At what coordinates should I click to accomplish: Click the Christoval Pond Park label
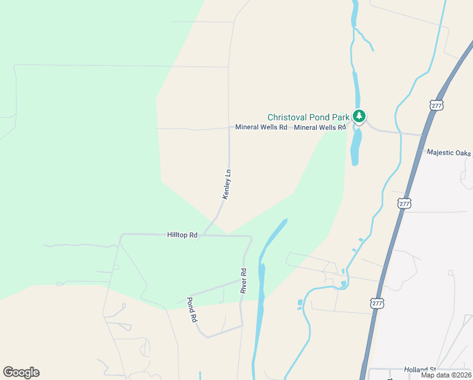tap(308, 117)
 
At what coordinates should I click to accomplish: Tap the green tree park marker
tap(359, 116)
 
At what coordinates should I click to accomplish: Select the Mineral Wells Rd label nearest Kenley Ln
tap(261, 127)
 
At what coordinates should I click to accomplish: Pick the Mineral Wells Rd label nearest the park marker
tap(320, 127)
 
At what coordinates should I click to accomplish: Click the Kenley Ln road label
tap(227, 184)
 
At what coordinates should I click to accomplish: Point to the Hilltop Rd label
tap(182, 235)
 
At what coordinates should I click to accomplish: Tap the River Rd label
tap(243, 281)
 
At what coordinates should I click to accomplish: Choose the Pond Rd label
tap(192, 310)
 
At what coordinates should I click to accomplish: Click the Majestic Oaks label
tap(449, 153)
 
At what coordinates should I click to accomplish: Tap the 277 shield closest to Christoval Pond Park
tap(436, 106)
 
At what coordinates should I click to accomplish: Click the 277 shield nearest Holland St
tap(377, 303)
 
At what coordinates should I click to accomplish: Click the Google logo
tap(21, 372)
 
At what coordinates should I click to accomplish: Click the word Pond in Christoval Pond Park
tap(319, 117)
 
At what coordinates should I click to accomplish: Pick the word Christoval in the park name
tap(287, 117)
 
